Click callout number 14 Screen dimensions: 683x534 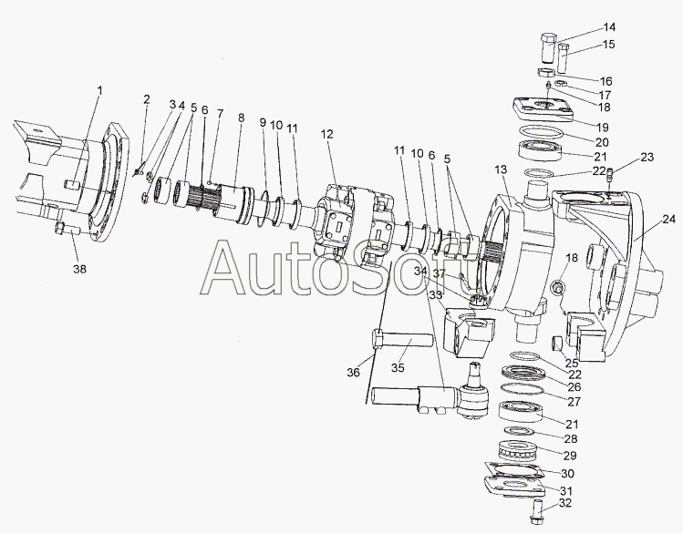tap(609, 27)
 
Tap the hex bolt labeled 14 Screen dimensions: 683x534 tap(548, 48)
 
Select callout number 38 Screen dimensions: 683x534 tap(79, 269)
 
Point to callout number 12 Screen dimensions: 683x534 tap(327, 134)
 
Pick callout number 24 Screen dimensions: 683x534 tap(668, 220)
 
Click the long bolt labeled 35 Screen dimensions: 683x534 tap(403, 340)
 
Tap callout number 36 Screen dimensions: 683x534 tap(353, 372)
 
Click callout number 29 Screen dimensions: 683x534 tap(570, 456)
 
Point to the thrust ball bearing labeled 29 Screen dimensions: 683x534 tap(518, 451)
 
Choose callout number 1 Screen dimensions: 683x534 tap(100, 90)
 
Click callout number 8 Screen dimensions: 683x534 tap(241, 118)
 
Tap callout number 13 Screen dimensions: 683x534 tap(502, 169)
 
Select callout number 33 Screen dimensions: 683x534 tap(435, 294)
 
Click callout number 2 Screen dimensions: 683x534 tap(147, 99)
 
